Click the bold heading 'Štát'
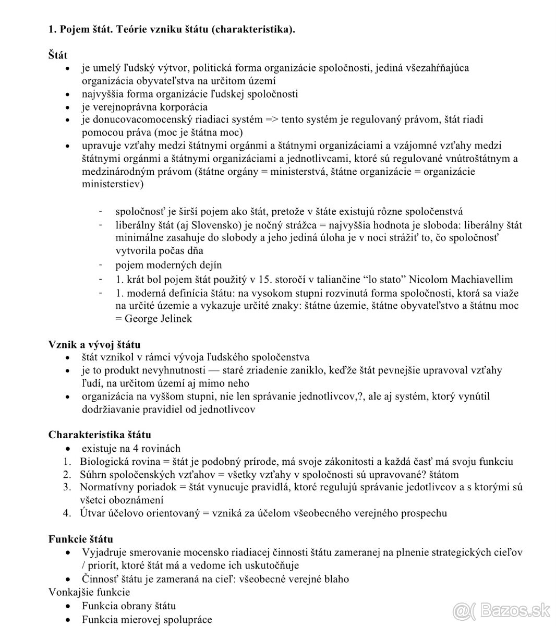(58, 54)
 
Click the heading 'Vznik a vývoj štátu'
(94, 344)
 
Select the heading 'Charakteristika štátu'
(100, 435)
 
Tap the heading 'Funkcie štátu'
(81, 539)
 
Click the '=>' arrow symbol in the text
(272, 119)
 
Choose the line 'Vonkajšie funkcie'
(89, 592)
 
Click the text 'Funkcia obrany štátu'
(129, 606)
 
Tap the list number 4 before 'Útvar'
(67, 513)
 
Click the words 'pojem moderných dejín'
(168, 265)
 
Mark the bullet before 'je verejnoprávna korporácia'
(67, 107)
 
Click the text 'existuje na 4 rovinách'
(131, 448)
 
